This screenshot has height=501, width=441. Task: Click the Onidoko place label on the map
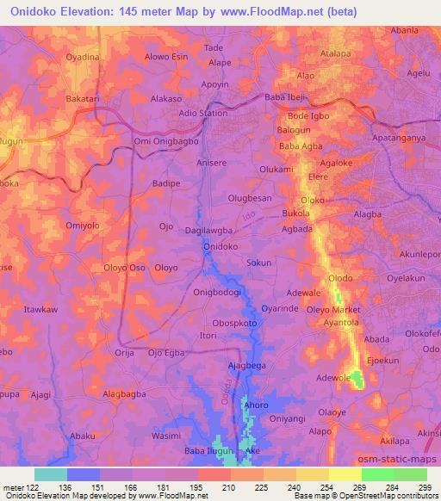[220, 246]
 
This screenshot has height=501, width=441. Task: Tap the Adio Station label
[203, 113]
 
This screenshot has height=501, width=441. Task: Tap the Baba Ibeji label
[288, 97]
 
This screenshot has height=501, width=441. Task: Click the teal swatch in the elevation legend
[51, 474]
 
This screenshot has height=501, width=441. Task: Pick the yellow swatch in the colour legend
[345, 474]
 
